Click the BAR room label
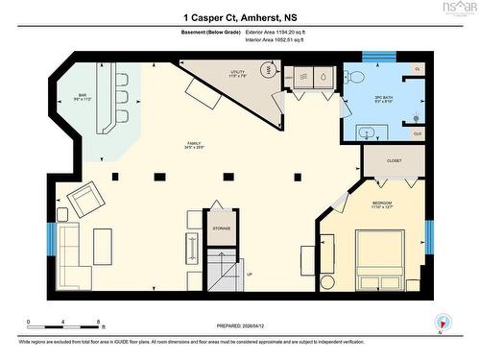pyautogui.click(x=83, y=96)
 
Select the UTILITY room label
pyautogui.click(x=237, y=72)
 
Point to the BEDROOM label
pyautogui.click(x=381, y=203)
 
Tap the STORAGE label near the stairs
pyautogui.click(x=222, y=229)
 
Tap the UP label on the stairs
pyautogui.click(x=250, y=273)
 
